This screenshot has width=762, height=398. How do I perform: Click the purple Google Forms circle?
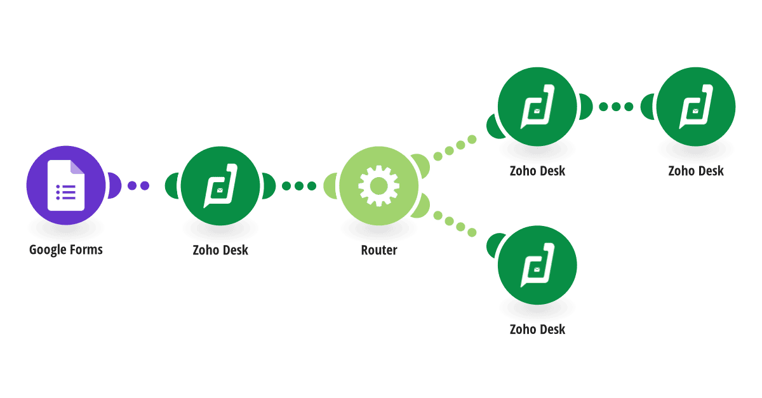[66, 185]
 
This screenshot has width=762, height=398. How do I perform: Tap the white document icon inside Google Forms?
[66, 185]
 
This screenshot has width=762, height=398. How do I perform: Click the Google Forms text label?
[66, 249]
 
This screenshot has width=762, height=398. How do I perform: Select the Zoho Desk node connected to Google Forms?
[220, 186]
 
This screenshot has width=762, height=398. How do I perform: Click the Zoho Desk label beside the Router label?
[220, 250]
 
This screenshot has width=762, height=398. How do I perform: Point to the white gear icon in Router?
[378, 186]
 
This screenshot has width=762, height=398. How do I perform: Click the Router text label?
[379, 250]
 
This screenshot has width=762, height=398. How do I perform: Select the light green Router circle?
[378, 186]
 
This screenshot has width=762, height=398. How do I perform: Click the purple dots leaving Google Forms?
[138, 185]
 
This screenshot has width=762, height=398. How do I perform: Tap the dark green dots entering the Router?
[299, 186]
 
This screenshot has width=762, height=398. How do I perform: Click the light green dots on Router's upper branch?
[455, 148]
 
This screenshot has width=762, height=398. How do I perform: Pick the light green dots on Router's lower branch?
[455, 224]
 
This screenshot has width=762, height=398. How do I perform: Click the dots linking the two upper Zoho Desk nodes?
[616, 107]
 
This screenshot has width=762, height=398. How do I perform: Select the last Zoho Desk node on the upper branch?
[696, 107]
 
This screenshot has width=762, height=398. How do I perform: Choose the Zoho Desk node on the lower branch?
[537, 265]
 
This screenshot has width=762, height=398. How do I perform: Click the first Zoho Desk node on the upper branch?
[537, 107]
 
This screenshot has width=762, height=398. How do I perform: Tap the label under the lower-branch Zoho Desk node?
[537, 329]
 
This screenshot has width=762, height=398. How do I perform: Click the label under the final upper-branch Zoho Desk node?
[696, 171]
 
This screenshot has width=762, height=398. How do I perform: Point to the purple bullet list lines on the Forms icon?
[66, 192]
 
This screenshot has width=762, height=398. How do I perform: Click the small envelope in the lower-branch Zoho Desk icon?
[537, 270]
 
